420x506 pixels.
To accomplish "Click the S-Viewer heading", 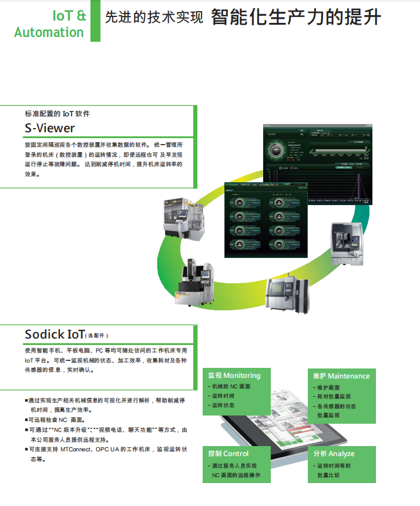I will pyautogui.click(x=50, y=128).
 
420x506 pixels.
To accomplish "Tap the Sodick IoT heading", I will pyautogui.click(x=55, y=334).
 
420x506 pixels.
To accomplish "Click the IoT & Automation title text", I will pyautogui.click(x=50, y=24).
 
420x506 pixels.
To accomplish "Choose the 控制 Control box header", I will pyautogui.click(x=228, y=454).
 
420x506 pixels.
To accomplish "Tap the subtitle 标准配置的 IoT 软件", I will pyautogui.click(x=57, y=113).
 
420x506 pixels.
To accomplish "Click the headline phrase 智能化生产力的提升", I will pyautogui.click(x=295, y=18).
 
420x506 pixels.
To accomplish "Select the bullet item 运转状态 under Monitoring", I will pyautogui.click(x=223, y=406).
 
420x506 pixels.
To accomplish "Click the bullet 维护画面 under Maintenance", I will pyautogui.click(x=328, y=388).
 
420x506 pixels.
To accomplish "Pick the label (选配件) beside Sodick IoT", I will pyautogui.click(x=98, y=336).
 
